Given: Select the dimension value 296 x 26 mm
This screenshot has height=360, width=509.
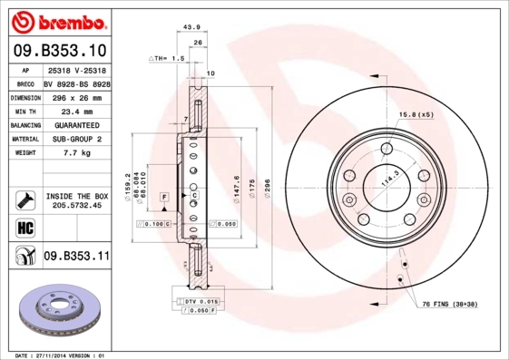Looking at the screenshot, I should click(76, 96).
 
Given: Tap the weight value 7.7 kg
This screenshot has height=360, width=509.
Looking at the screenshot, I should click(76, 153).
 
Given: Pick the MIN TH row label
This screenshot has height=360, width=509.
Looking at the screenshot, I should click(23, 111).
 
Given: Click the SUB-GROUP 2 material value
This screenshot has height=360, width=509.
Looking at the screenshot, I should click(76, 139).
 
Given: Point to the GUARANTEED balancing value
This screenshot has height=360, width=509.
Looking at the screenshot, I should click(76, 124).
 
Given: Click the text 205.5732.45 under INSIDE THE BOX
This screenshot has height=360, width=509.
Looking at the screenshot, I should click(76, 206).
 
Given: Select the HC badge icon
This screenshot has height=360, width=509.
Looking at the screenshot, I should click(24, 228).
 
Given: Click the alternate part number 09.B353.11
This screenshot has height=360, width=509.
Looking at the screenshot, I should click(76, 258).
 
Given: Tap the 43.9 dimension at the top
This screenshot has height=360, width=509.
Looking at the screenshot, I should click(191, 27).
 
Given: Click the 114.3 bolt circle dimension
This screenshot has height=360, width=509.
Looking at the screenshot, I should click(388, 179).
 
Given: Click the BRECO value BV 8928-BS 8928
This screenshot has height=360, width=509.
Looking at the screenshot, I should click(76, 82).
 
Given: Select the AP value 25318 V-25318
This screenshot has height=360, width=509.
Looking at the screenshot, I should click(76, 69).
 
